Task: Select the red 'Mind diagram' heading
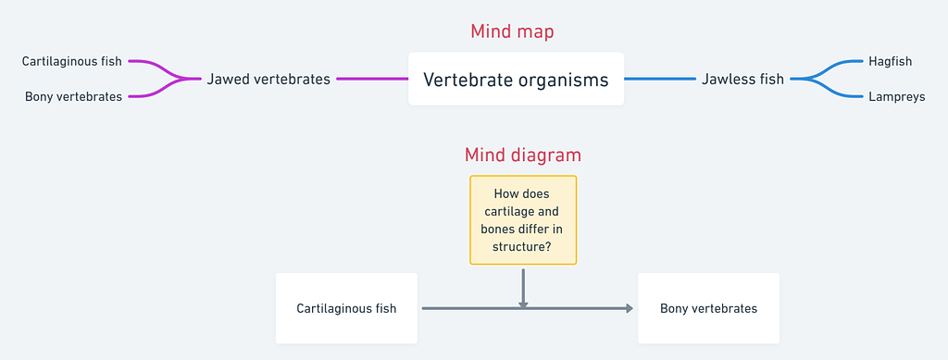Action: [x=523, y=155]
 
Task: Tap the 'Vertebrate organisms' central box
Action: [x=516, y=80]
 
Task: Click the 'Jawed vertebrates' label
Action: [x=268, y=80]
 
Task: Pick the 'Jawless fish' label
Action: [x=742, y=80]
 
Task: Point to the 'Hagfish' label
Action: [x=891, y=62]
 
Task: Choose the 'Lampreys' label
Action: [x=896, y=96]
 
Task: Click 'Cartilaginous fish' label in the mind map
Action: [x=72, y=62]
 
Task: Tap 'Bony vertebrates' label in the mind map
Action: [x=74, y=96]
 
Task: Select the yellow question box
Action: [x=523, y=220]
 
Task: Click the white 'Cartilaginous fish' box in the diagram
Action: [x=346, y=308]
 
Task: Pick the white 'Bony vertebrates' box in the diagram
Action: [x=708, y=308]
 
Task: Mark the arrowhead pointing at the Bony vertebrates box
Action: [x=630, y=308]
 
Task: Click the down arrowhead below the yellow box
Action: [x=523, y=303]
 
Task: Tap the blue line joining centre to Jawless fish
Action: [x=659, y=80]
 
